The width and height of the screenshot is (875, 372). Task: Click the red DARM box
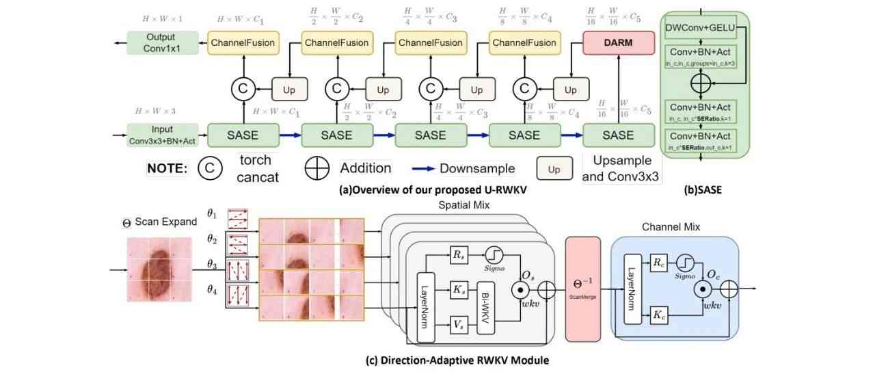point(619,42)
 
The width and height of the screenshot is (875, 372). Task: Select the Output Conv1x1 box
point(161,42)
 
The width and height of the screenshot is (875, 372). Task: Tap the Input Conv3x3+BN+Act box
point(161,135)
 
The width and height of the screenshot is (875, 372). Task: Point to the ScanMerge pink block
point(582,288)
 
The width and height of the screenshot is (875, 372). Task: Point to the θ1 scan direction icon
point(240,218)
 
